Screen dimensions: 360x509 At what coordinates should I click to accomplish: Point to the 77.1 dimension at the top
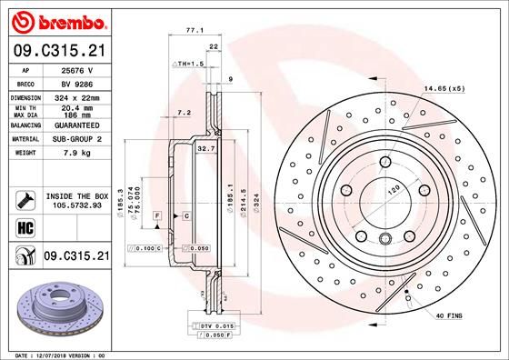pyautogui.click(x=193, y=30)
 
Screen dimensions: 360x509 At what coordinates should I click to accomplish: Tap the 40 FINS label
pyautogui.click(x=449, y=315)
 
